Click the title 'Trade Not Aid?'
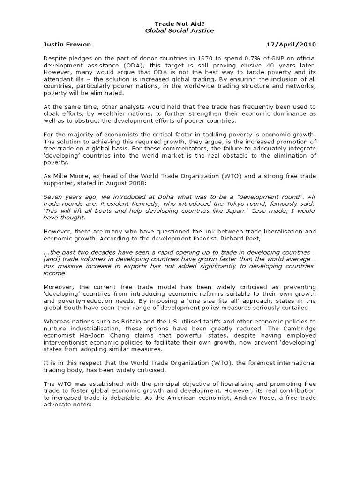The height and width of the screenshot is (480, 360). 180,23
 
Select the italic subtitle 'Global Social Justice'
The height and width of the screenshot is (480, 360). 180,30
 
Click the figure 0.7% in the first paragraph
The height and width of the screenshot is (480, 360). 231,58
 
